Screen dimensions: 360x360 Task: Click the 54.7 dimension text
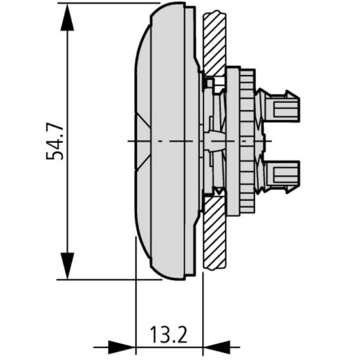[55, 142]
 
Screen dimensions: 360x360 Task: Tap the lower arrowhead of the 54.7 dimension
[67, 264]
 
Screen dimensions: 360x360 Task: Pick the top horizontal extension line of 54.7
[108, 3]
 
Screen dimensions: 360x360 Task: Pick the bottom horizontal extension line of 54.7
[108, 279]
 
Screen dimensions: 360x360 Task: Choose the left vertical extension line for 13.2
[136, 300]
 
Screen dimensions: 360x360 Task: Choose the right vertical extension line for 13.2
[203, 306]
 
